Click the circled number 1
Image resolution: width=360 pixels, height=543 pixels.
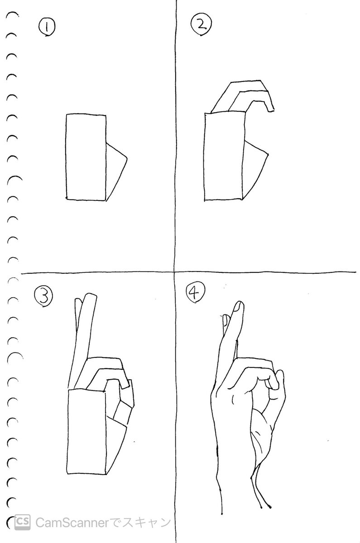pos(47,27)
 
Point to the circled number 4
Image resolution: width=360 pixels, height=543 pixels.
pos(195,292)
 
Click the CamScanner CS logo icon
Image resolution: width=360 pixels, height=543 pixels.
pos(23,522)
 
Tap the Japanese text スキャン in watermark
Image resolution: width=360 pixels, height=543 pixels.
pos(146,523)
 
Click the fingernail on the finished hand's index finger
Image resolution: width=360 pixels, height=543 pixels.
pos(238,307)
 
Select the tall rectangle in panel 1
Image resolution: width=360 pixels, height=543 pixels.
pos(86,157)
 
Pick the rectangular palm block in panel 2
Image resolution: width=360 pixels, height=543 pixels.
pos(224,156)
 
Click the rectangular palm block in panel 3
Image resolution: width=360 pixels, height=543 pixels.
pos(87,432)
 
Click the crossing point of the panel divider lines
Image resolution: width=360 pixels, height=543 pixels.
pos(175,273)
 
